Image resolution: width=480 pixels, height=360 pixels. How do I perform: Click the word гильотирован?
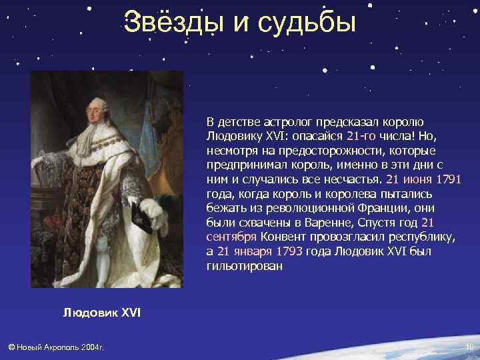coord(245,266)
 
